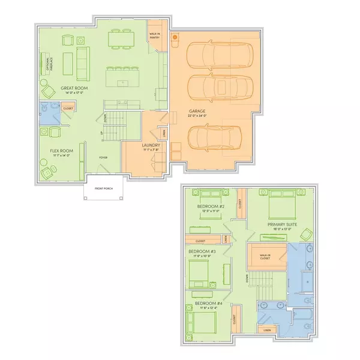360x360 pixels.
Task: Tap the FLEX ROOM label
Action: pos(61,151)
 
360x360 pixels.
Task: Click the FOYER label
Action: pos(104,158)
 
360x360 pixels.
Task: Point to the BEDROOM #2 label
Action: pos(211,207)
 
